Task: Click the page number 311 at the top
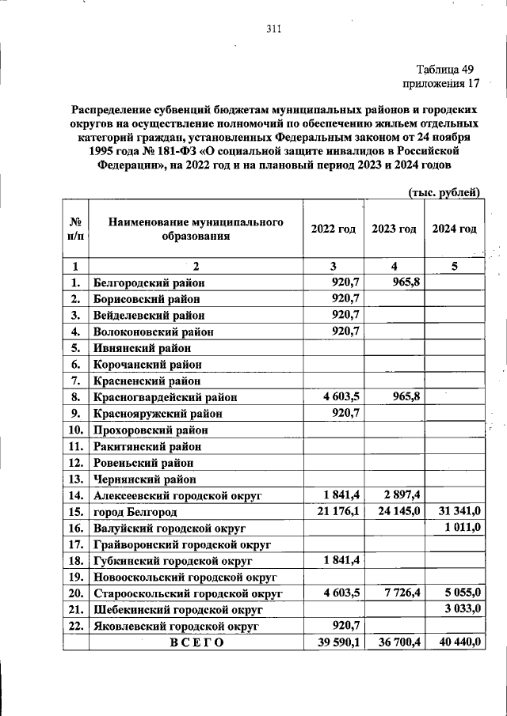point(274,30)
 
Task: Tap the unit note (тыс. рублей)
point(444,192)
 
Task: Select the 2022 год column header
point(334,229)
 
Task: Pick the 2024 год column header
point(454,229)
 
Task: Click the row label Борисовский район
point(146,299)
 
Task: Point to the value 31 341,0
point(456,512)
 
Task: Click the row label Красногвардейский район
point(165,397)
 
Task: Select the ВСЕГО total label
point(197,642)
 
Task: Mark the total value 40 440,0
point(456,642)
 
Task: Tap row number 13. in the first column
point(76,479)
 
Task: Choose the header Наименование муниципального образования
point(196,229)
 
